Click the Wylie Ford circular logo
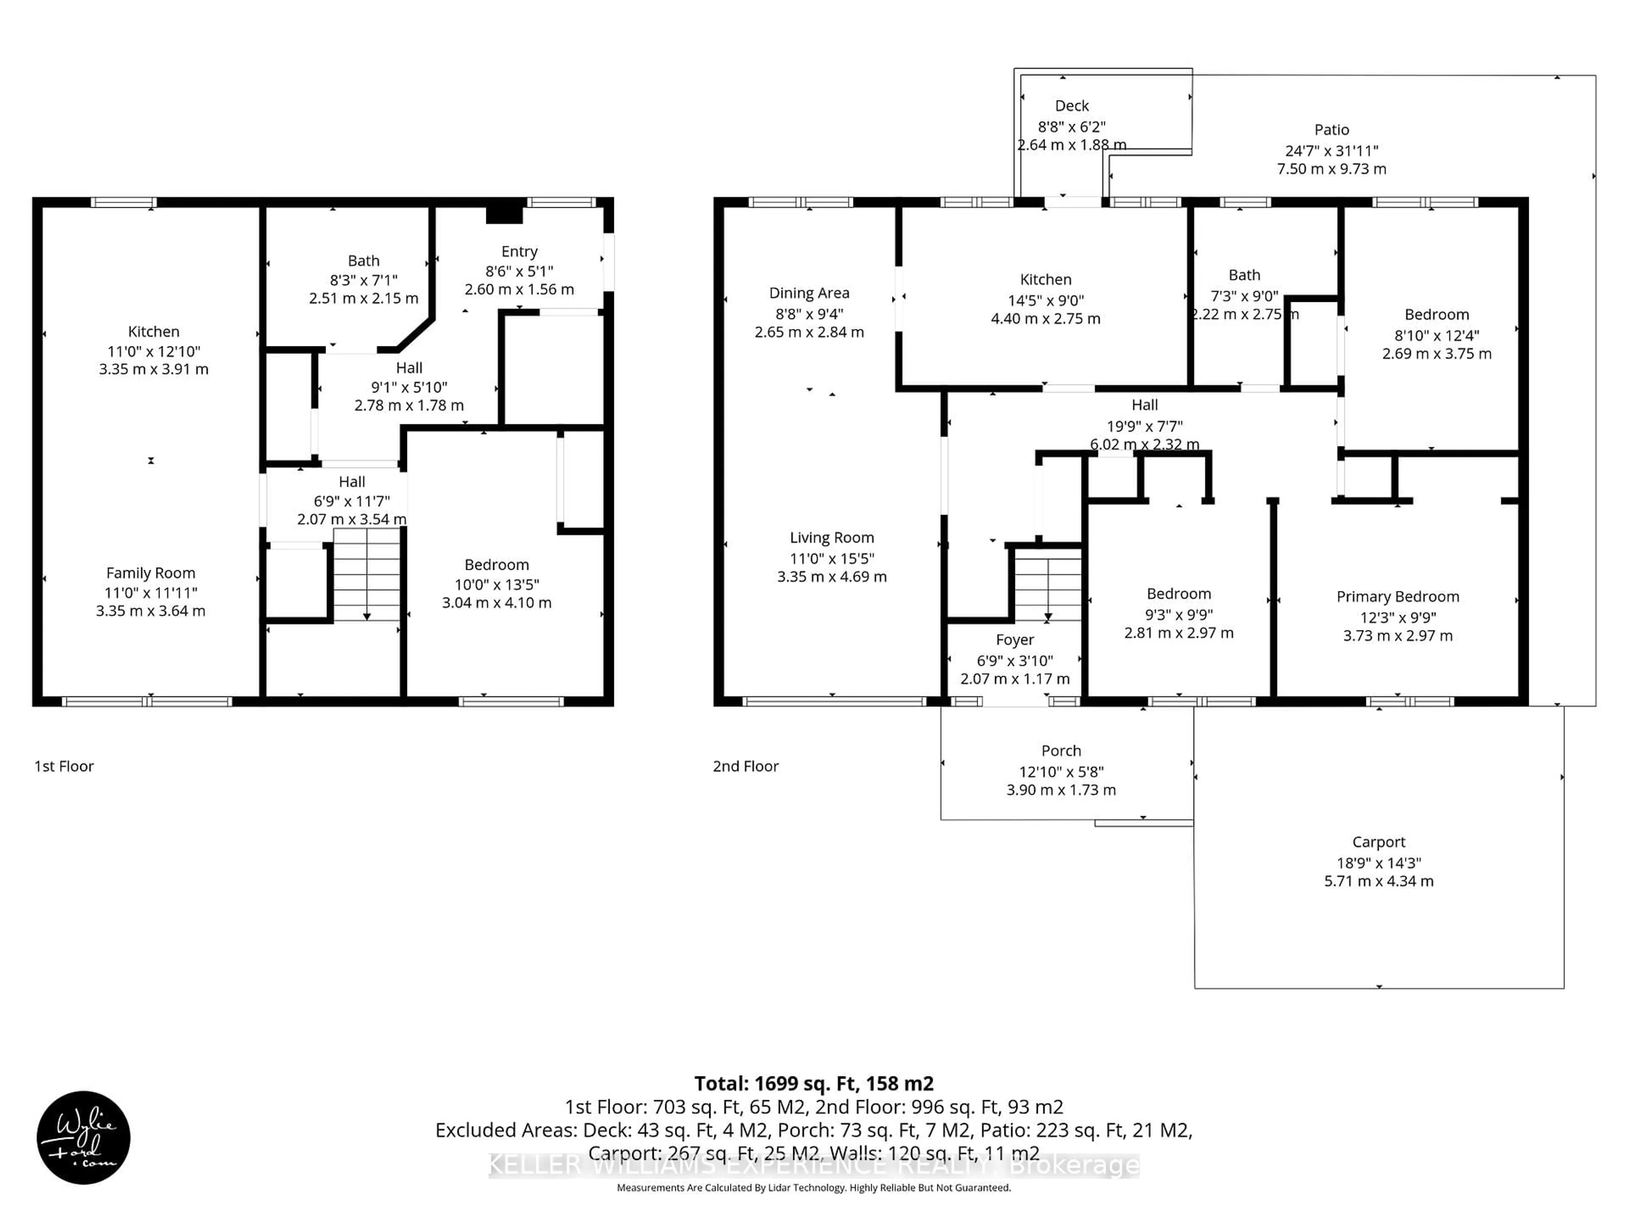[83, 1137]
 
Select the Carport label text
[1379, 842]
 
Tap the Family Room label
[151, 573]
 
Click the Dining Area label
[809, 293]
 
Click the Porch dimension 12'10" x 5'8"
[1061, 771]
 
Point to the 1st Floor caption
[64, 766]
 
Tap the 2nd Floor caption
[746, 766]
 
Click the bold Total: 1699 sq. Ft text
[813, 1083]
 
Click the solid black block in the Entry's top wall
[504, 215]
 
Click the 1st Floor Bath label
[364, 261]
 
